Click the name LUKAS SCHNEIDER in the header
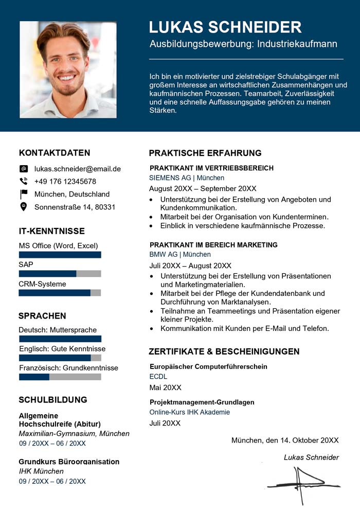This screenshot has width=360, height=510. tap(225, 27)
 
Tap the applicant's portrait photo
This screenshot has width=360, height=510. tap(68, 69)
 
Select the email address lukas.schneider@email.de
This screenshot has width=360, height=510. tap(77, 169)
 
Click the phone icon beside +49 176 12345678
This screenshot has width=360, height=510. tap(24, 181)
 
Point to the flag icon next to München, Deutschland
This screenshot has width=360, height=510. tap(24, 194)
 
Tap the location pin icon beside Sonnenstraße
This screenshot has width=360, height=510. tap(24, 207)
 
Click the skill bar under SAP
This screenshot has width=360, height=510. tap(60, 274)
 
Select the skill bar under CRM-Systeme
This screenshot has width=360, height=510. tap(60, 293)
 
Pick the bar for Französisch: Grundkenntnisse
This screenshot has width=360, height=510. tap(60, 377)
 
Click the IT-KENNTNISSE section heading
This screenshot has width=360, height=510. tap(51, 231)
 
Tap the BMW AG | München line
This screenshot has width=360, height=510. tap(180, 255)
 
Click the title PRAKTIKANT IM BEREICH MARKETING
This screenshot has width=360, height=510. tap(213, 245)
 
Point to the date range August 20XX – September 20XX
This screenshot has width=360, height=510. tap(203, 188)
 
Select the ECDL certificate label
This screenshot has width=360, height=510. tap(158, 377)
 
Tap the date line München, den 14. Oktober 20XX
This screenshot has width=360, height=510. tap(285, 440)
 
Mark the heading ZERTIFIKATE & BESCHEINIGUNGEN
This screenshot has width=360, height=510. tap(224, 351)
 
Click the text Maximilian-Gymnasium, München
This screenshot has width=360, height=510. tap(74, 433)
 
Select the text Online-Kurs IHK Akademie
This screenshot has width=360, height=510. tap(190, 412)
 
